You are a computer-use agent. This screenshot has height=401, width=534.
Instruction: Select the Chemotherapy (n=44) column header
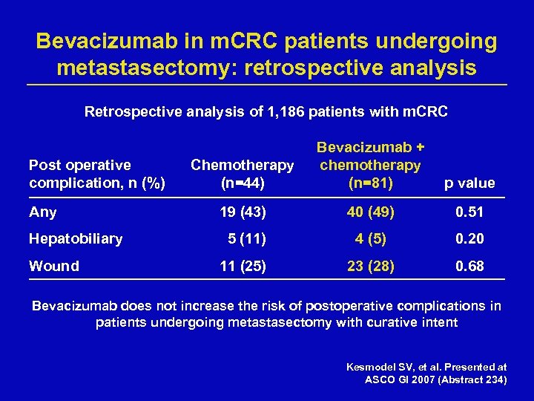(243, 173)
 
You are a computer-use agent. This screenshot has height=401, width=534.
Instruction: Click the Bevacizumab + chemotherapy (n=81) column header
(370, 164)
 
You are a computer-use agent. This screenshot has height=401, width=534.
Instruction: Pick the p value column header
(469, 183)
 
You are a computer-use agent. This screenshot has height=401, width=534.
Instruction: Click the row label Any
(42, 212)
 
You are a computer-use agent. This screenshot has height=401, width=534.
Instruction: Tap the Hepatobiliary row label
(76, 239)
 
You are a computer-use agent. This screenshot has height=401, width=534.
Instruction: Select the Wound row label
(54, 266)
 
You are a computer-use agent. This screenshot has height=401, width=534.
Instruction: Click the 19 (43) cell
(243, 212)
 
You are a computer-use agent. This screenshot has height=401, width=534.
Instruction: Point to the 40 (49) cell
(370, 212)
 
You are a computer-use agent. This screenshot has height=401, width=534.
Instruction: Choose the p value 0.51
(469, 212)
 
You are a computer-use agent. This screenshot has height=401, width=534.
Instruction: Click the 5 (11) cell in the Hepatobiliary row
(246, 239)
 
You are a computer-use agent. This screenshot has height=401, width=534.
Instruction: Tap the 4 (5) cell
(370, 239)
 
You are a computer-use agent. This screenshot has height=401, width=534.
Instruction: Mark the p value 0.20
(469, 239)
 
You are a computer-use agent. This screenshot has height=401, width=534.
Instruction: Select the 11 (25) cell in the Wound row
(243, 266)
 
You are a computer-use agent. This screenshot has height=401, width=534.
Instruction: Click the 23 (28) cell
(370, 266)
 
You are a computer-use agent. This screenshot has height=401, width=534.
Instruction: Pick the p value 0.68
(469, 266)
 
